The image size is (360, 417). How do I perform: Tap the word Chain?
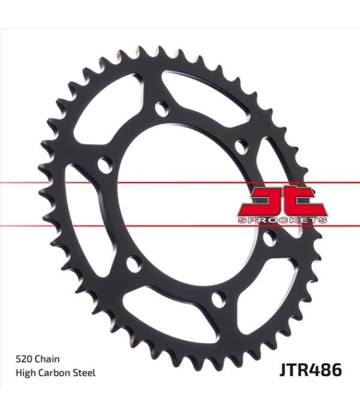click(x=47, y=359)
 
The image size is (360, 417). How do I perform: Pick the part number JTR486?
click(x=310, y=370)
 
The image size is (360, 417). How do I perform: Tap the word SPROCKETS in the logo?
click(x=282, y=221)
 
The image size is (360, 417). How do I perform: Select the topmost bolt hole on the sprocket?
click(x=162, y=109)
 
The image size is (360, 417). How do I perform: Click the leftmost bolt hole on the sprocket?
click(x=104, y=165)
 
